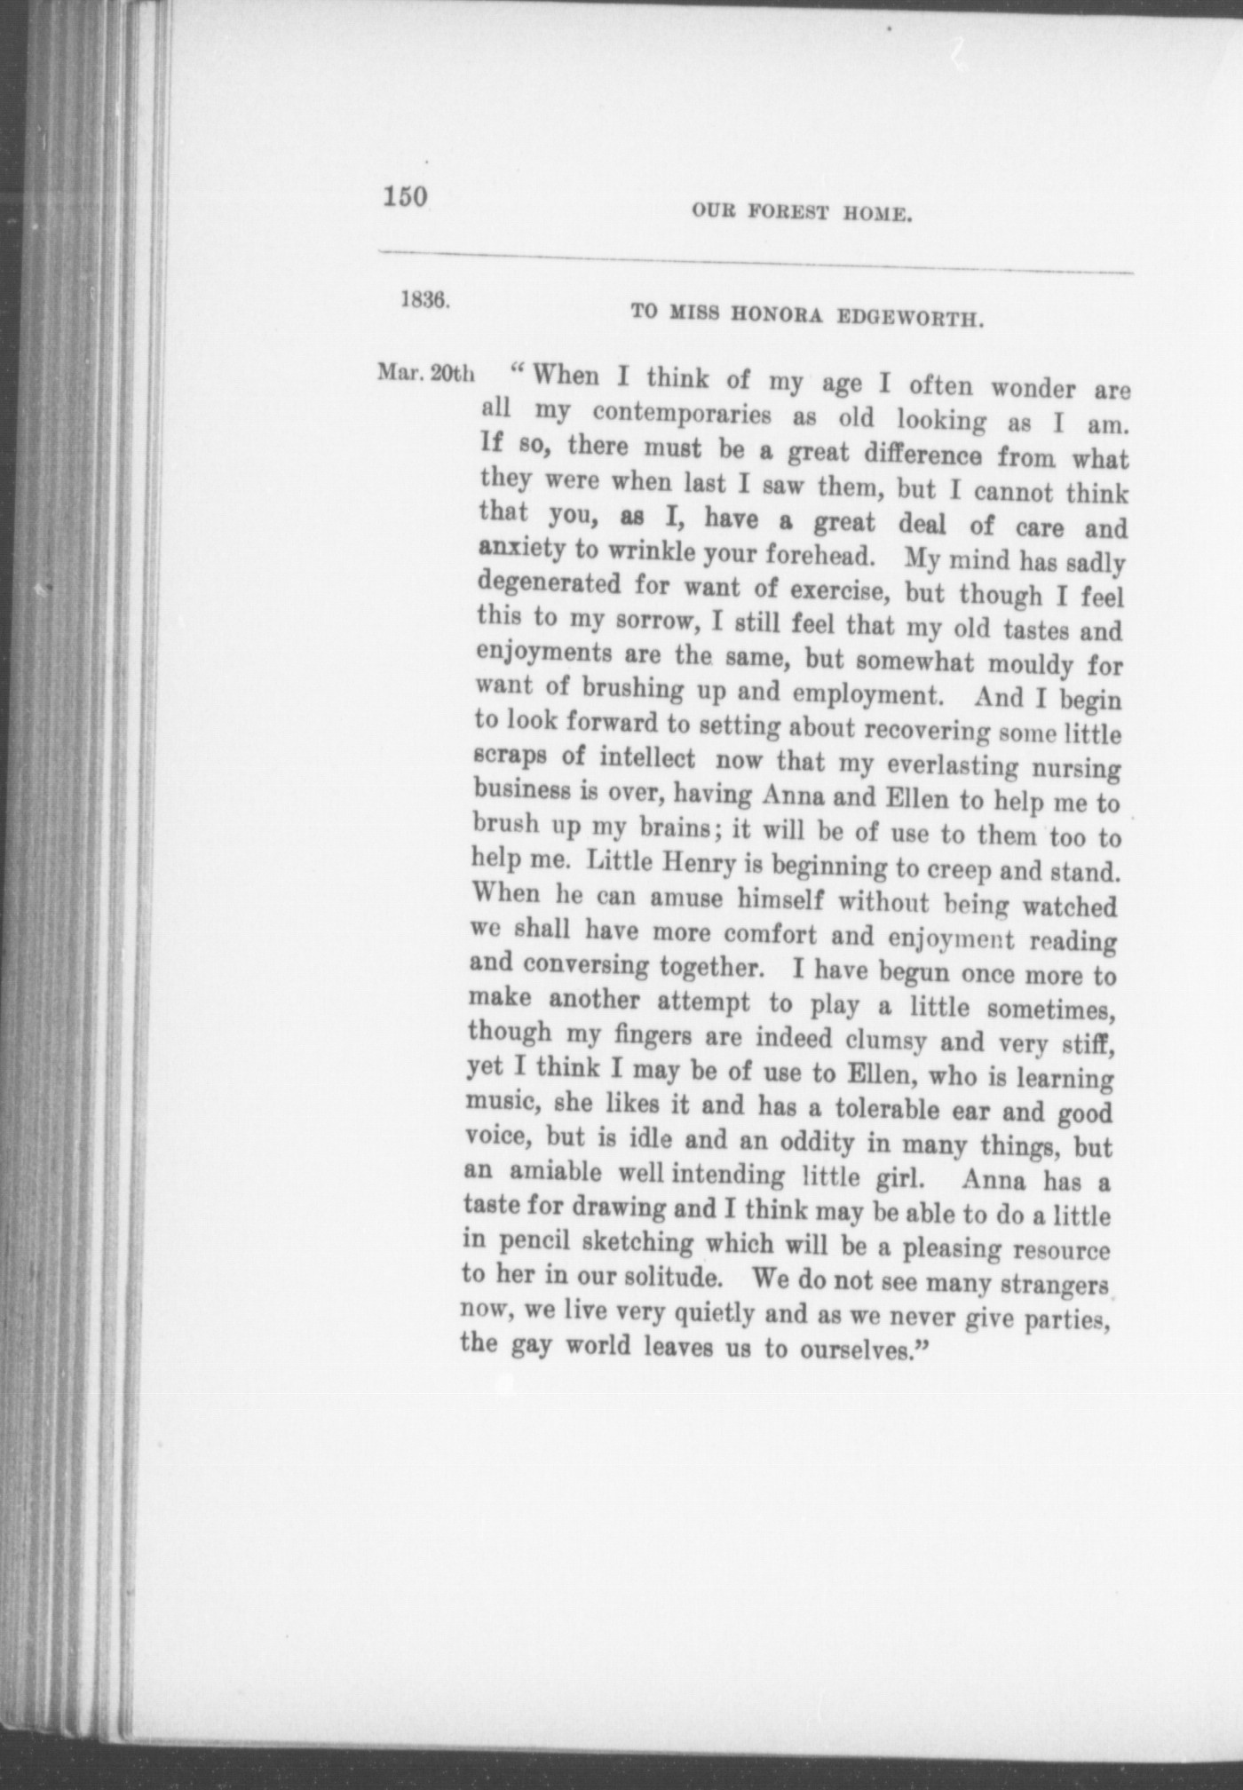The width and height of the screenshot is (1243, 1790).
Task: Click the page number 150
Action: point(405,196)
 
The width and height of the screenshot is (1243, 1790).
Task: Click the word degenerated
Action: point(549,583)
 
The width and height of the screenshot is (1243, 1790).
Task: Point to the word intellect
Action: point(646,758)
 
